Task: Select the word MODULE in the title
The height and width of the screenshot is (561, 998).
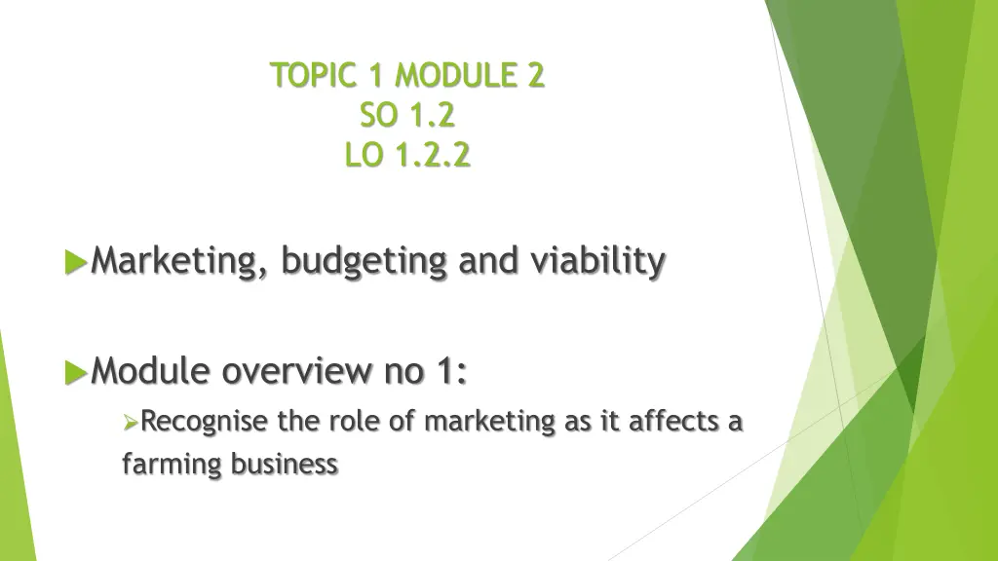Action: coord(456,75)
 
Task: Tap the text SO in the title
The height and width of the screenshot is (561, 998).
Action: coord(379,115)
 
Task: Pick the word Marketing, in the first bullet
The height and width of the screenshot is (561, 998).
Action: coord(181,262)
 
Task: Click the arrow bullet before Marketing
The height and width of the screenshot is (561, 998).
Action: coord(75,262)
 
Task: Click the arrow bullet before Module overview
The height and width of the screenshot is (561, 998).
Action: coord(75,372)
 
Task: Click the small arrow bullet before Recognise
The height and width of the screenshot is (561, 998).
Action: coord(133,423)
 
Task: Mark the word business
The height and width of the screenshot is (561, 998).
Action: coord(285,464)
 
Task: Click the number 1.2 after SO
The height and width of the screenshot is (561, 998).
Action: coord(432,115)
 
